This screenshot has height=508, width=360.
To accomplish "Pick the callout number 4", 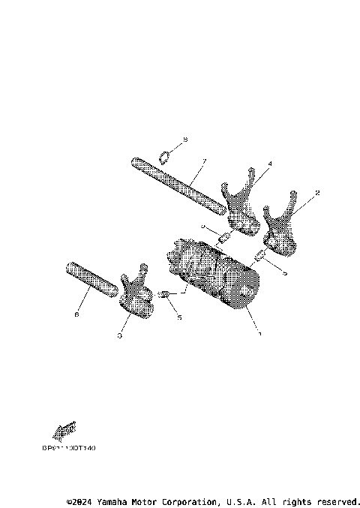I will [x=249, y=164].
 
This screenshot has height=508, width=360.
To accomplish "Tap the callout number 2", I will [x=318, y=194].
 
